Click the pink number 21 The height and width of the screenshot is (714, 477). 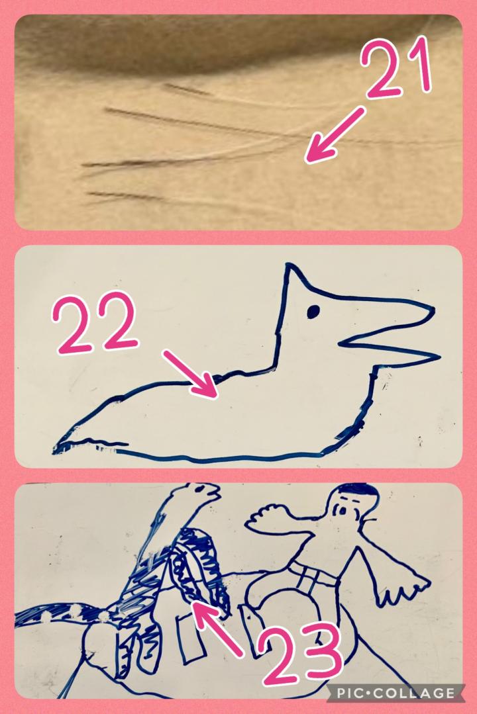pos(396,68)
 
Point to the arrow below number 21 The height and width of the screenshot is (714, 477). pos(335,135)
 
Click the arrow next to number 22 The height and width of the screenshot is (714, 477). pos(189,375)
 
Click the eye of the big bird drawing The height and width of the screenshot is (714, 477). pos(313,312)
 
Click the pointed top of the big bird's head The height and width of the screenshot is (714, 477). pos(288,265)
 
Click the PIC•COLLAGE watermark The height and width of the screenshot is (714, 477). pos(396,693)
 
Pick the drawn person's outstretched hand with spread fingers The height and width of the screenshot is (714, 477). pos(403,589)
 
